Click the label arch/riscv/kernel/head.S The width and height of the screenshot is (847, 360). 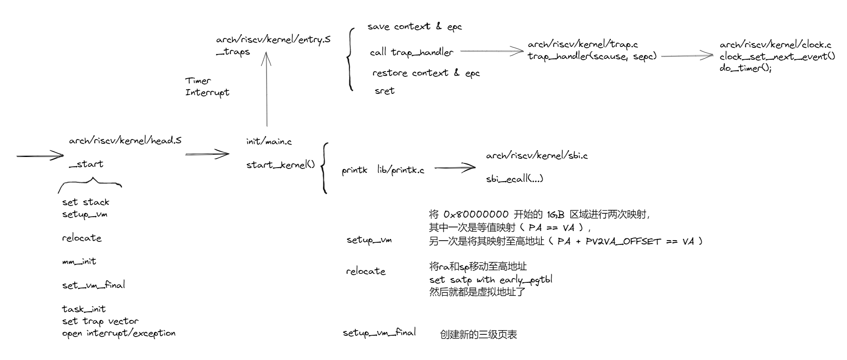[x=125, y=140]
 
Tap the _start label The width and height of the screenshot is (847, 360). [x=86, y=164]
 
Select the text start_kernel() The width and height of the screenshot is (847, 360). [x=280, y=165]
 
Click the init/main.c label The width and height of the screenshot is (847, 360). [x=269, y=142]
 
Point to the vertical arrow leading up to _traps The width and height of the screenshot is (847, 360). [x=267, y=90]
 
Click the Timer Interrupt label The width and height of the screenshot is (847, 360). [x=207, y=87]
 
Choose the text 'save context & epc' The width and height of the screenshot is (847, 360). [x=414, y=27]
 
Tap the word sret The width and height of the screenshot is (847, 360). [x=384, y=91]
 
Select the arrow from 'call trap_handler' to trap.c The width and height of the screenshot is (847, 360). [x=491, y=51]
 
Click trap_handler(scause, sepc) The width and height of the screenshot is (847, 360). [x=592, y=56]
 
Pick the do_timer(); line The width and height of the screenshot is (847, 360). [x=745, y=68]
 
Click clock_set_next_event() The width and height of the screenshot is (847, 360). [x=777, y=56]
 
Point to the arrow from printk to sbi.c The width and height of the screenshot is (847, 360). [x=455, y=168]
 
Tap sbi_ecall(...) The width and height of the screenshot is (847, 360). [x=514, y=179]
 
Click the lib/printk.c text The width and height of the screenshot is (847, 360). [x=400, y=170]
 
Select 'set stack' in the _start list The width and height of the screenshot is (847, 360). [x=85, y=202]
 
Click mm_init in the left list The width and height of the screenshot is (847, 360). [x=79, y=261]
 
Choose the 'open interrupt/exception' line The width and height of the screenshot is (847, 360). [x=119, y=333]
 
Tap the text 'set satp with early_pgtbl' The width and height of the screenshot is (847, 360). [x=490, y=280]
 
